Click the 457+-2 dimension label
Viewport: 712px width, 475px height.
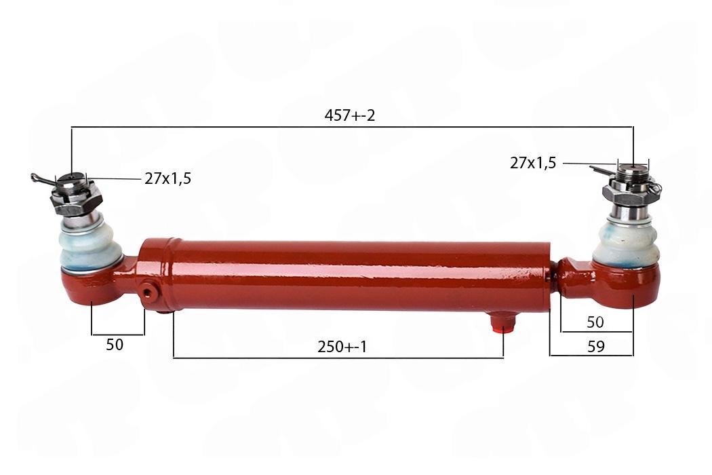350,115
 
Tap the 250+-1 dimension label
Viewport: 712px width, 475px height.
342,347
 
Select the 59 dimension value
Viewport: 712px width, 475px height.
596,347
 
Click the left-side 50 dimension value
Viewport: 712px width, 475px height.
115,345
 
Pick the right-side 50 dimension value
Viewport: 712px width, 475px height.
595,322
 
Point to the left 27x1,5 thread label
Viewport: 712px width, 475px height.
168,178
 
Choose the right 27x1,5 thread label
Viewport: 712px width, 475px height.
532,163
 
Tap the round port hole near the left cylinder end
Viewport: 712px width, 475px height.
148,291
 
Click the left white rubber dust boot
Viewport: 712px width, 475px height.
90,248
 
